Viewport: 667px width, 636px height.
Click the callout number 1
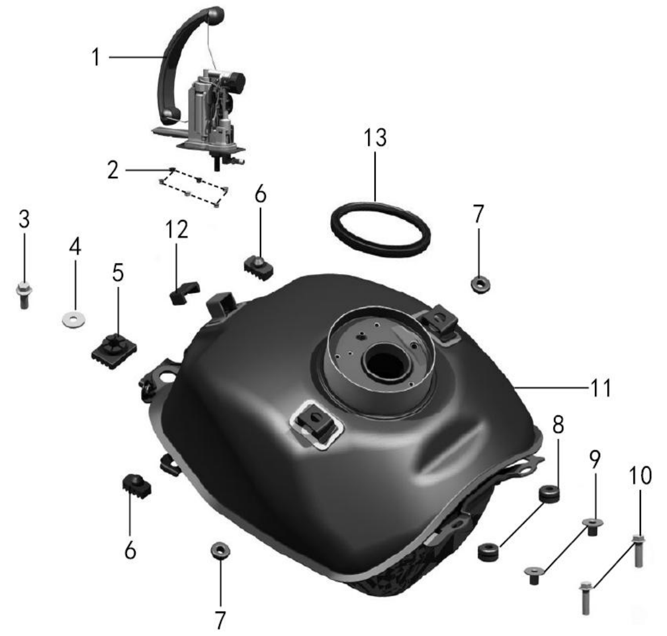[96, 57]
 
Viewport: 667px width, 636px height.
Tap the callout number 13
[375, 137]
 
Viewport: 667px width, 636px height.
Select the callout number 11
[601, 388]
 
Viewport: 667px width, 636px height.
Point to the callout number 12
[176, 230]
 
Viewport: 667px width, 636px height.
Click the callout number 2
[113, 170]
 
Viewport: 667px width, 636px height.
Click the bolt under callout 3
[24, 295]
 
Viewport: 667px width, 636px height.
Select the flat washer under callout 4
[73, 319]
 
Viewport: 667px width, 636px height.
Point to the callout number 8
[558, 424]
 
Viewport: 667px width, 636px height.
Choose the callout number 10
[640, 475]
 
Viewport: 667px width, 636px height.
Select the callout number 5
[118, 272]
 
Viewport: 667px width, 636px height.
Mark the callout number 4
[75, 246]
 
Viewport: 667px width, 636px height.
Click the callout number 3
[24, 219]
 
